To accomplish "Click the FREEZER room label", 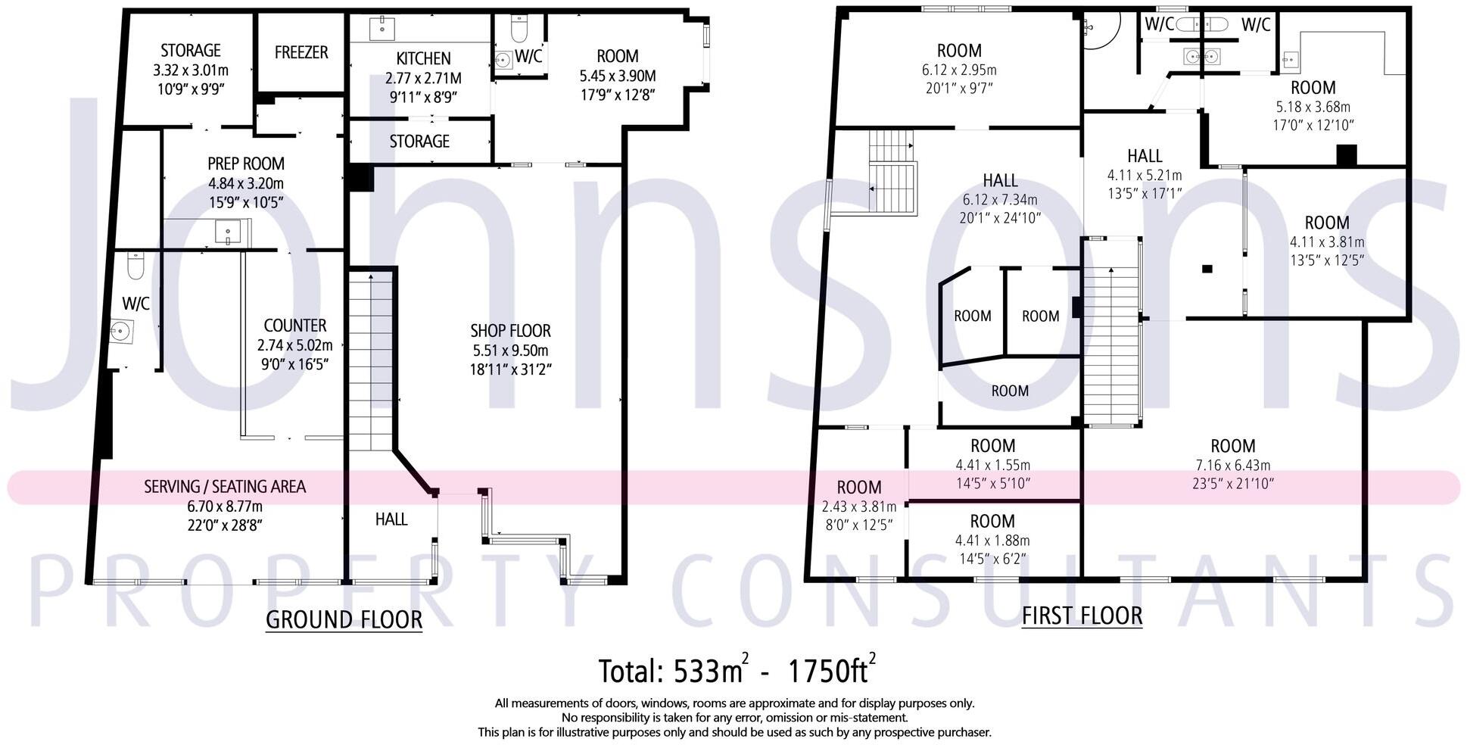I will point(301,52).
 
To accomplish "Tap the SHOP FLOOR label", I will point(510,331).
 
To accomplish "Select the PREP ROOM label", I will point(246,164).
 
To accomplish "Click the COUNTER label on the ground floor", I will point(294,326).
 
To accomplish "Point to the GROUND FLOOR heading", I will point(344,619).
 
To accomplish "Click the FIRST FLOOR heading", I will point(1082,616).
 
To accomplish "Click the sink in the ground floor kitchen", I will point(382,29).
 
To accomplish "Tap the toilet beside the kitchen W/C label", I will point(519,30).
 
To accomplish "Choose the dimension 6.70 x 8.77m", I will point(225,506).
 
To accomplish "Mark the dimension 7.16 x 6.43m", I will point(1232,466).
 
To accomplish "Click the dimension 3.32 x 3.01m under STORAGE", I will point(191,70).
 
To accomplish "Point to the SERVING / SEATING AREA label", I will point(225,486).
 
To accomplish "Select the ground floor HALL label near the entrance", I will point(391,519).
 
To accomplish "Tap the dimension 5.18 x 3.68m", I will point(1313,107).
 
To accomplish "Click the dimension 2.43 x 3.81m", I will point(858,507).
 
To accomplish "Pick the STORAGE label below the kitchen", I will point(419,142).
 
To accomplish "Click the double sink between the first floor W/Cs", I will point(1201,56).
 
